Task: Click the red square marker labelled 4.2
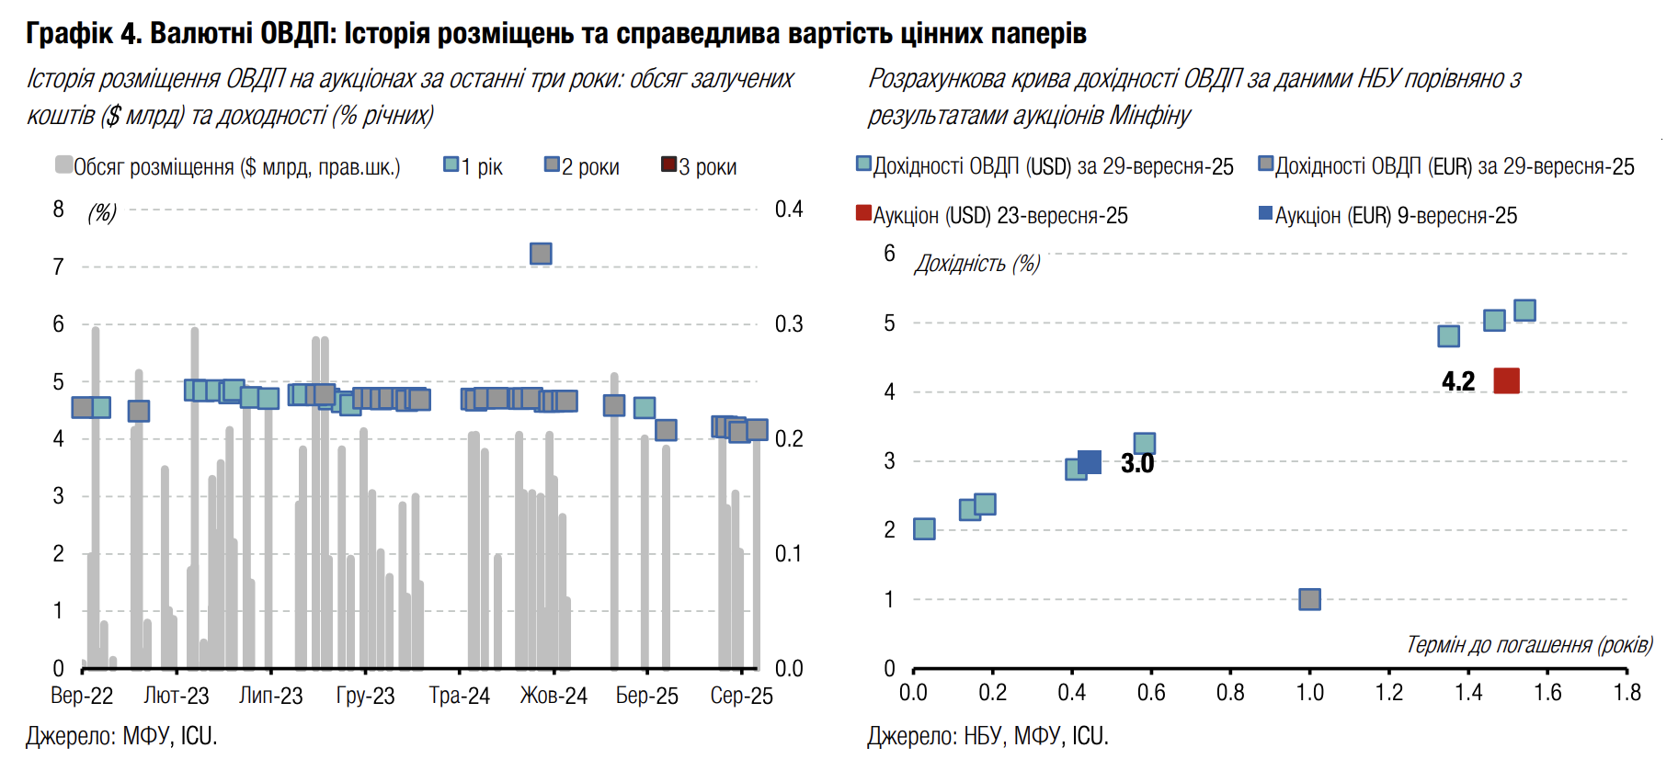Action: [1506, 380]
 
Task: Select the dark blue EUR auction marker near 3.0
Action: [1090, 462]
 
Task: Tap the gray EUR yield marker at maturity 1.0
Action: [1309, 600]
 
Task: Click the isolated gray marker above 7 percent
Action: [541, 254]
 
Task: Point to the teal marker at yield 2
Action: [924, 529]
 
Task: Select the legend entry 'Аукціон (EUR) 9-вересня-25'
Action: [1387, 216]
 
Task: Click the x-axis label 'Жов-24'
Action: [554, 696]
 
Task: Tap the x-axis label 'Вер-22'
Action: [82, 696]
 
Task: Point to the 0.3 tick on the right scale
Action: [789, 324]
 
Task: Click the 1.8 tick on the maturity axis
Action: [1627, 692]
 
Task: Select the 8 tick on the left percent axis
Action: [59, 210]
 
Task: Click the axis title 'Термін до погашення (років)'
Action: [1529, 645]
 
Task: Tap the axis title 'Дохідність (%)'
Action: [976, 265]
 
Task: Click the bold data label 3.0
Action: [1137, 463]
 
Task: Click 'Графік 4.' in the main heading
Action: [83, 34]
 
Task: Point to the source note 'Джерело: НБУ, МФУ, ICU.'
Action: [987, 736]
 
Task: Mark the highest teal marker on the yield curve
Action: [1524, 311]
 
